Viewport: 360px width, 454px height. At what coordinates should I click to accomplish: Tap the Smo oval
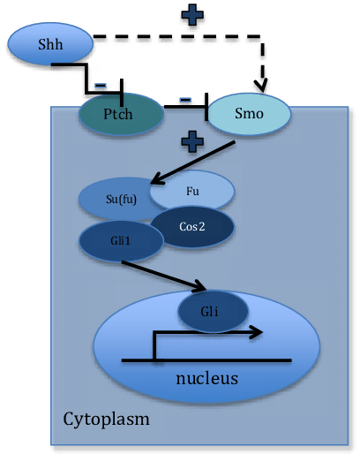tap(250, 114)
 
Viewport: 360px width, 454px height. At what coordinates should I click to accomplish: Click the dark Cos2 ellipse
tap(193, 226)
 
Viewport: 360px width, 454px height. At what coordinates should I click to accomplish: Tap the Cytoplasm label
tap(107, 416)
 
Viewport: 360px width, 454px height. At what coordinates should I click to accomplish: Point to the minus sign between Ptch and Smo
tap(186, 99)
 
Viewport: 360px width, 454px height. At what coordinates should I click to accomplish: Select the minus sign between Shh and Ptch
tap(101, 86)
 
